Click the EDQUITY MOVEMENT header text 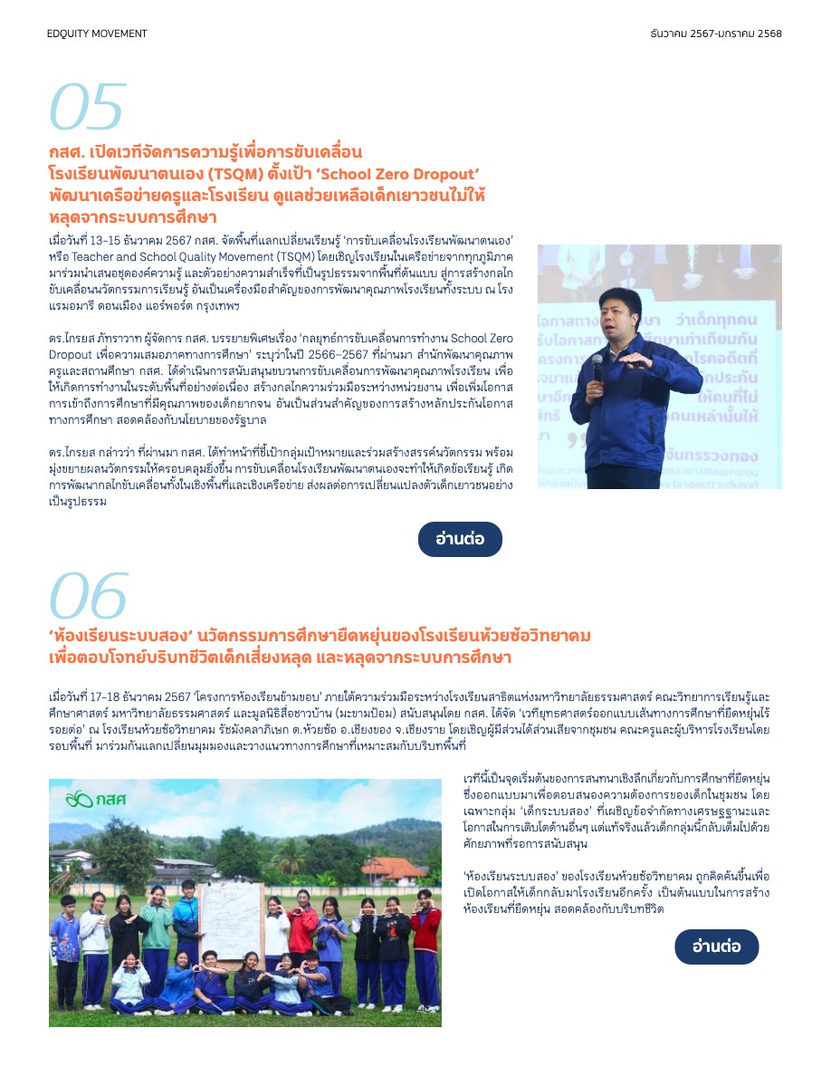[97, 34]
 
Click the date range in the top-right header [715, 34]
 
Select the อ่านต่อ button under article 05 [460, 539]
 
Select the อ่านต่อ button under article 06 [716, 946]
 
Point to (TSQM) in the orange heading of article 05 [238, 174]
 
